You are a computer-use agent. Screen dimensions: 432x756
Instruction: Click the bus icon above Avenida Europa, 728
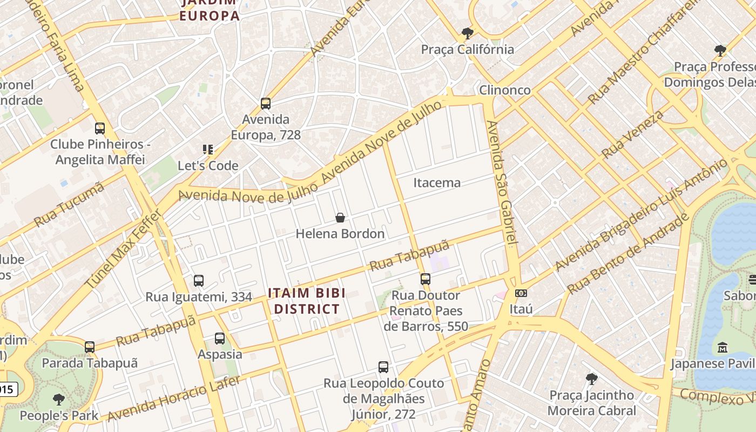265,103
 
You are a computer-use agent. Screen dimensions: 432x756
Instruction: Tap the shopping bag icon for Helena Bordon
340,218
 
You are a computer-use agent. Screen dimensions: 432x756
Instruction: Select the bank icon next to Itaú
521,293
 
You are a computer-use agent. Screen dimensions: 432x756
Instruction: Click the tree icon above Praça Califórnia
468,33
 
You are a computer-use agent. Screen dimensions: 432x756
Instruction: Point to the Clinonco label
505,90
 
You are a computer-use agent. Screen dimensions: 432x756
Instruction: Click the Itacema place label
437,183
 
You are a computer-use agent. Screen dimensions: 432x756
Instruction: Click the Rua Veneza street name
632,134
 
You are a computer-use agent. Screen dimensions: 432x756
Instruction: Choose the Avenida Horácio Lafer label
173,398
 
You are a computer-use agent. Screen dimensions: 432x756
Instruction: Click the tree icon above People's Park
59,400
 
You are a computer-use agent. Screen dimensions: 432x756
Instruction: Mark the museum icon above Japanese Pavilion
723,347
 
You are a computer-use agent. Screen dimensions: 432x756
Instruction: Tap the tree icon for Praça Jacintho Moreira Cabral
592,379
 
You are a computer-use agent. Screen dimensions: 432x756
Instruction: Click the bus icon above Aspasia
220,339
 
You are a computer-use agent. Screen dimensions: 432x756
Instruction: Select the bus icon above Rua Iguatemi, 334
199,281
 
